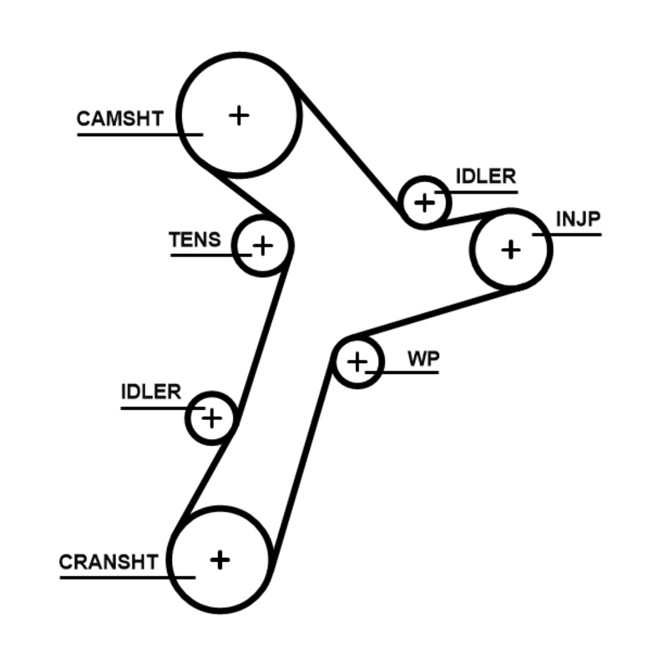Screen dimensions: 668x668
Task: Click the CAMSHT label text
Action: (119, 119)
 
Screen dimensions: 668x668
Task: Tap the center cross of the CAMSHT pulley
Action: (239, 114)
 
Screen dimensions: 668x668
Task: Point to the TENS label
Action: (195, 240)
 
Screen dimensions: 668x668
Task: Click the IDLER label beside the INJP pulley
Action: (485, 177)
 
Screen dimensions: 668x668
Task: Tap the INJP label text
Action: (578, 219)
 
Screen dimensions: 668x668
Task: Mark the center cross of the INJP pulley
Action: (511, 249)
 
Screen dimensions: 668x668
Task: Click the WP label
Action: (423, 358)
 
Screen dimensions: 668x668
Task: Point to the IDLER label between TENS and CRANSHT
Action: (150, 392)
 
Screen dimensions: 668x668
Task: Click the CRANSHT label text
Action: (108, 562)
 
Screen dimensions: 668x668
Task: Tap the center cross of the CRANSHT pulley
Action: (220, 559)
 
